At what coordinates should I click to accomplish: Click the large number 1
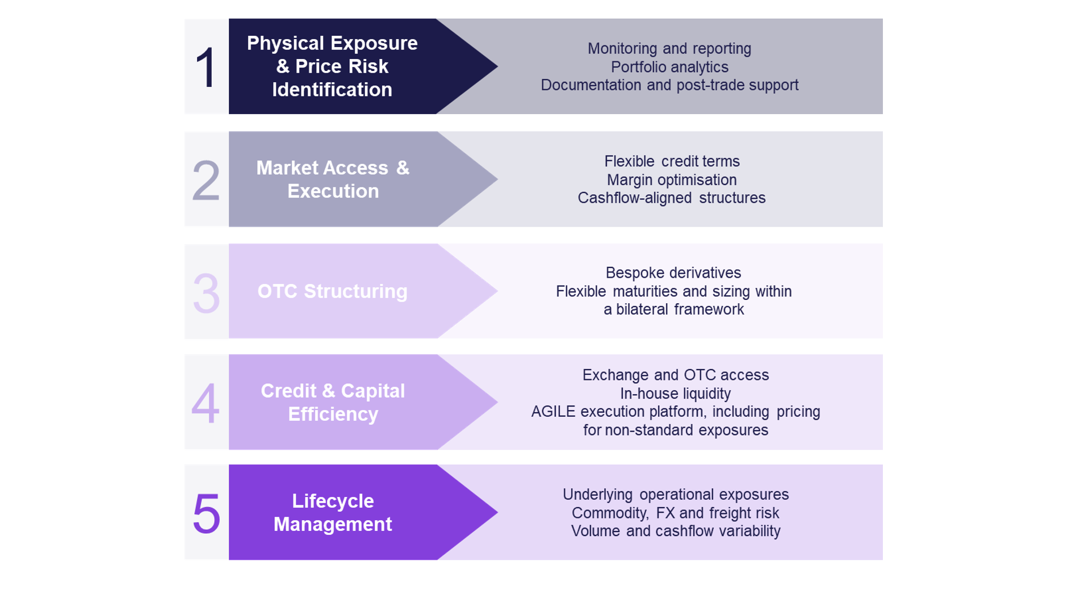click(x=206, y=68)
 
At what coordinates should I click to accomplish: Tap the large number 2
click(x=206, y=181)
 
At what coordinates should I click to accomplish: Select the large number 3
click(x=206, y=293)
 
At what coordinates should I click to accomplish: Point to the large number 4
click(x=206, y=404)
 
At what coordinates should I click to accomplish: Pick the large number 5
click(x=206, y=514)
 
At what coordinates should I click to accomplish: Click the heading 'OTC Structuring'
click(x=332, y=291)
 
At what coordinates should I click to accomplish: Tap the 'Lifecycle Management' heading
click(x=332, y=512)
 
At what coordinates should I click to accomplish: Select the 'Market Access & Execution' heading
click(x=332, y=179)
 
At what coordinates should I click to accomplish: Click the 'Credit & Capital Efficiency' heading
click(x=332, y=402)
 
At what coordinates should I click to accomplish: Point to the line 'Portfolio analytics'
click(x=669, y=67)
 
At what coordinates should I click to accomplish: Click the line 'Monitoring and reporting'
click(x=669, y=49)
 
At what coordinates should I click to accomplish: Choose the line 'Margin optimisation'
click(x=672, y=180)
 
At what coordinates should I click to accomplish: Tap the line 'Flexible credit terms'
click(x=672, y=161)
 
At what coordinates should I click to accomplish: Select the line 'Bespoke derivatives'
click(x=673, y=273)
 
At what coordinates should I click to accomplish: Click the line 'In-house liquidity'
click(x=675, y=394)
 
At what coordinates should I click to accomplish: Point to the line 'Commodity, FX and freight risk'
click(x=675, y=513)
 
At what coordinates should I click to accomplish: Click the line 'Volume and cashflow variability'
click(x=675, y=531)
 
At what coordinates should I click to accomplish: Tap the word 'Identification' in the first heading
click(x=332, y=90)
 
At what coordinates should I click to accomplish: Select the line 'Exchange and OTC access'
click(x=675, y=375)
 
